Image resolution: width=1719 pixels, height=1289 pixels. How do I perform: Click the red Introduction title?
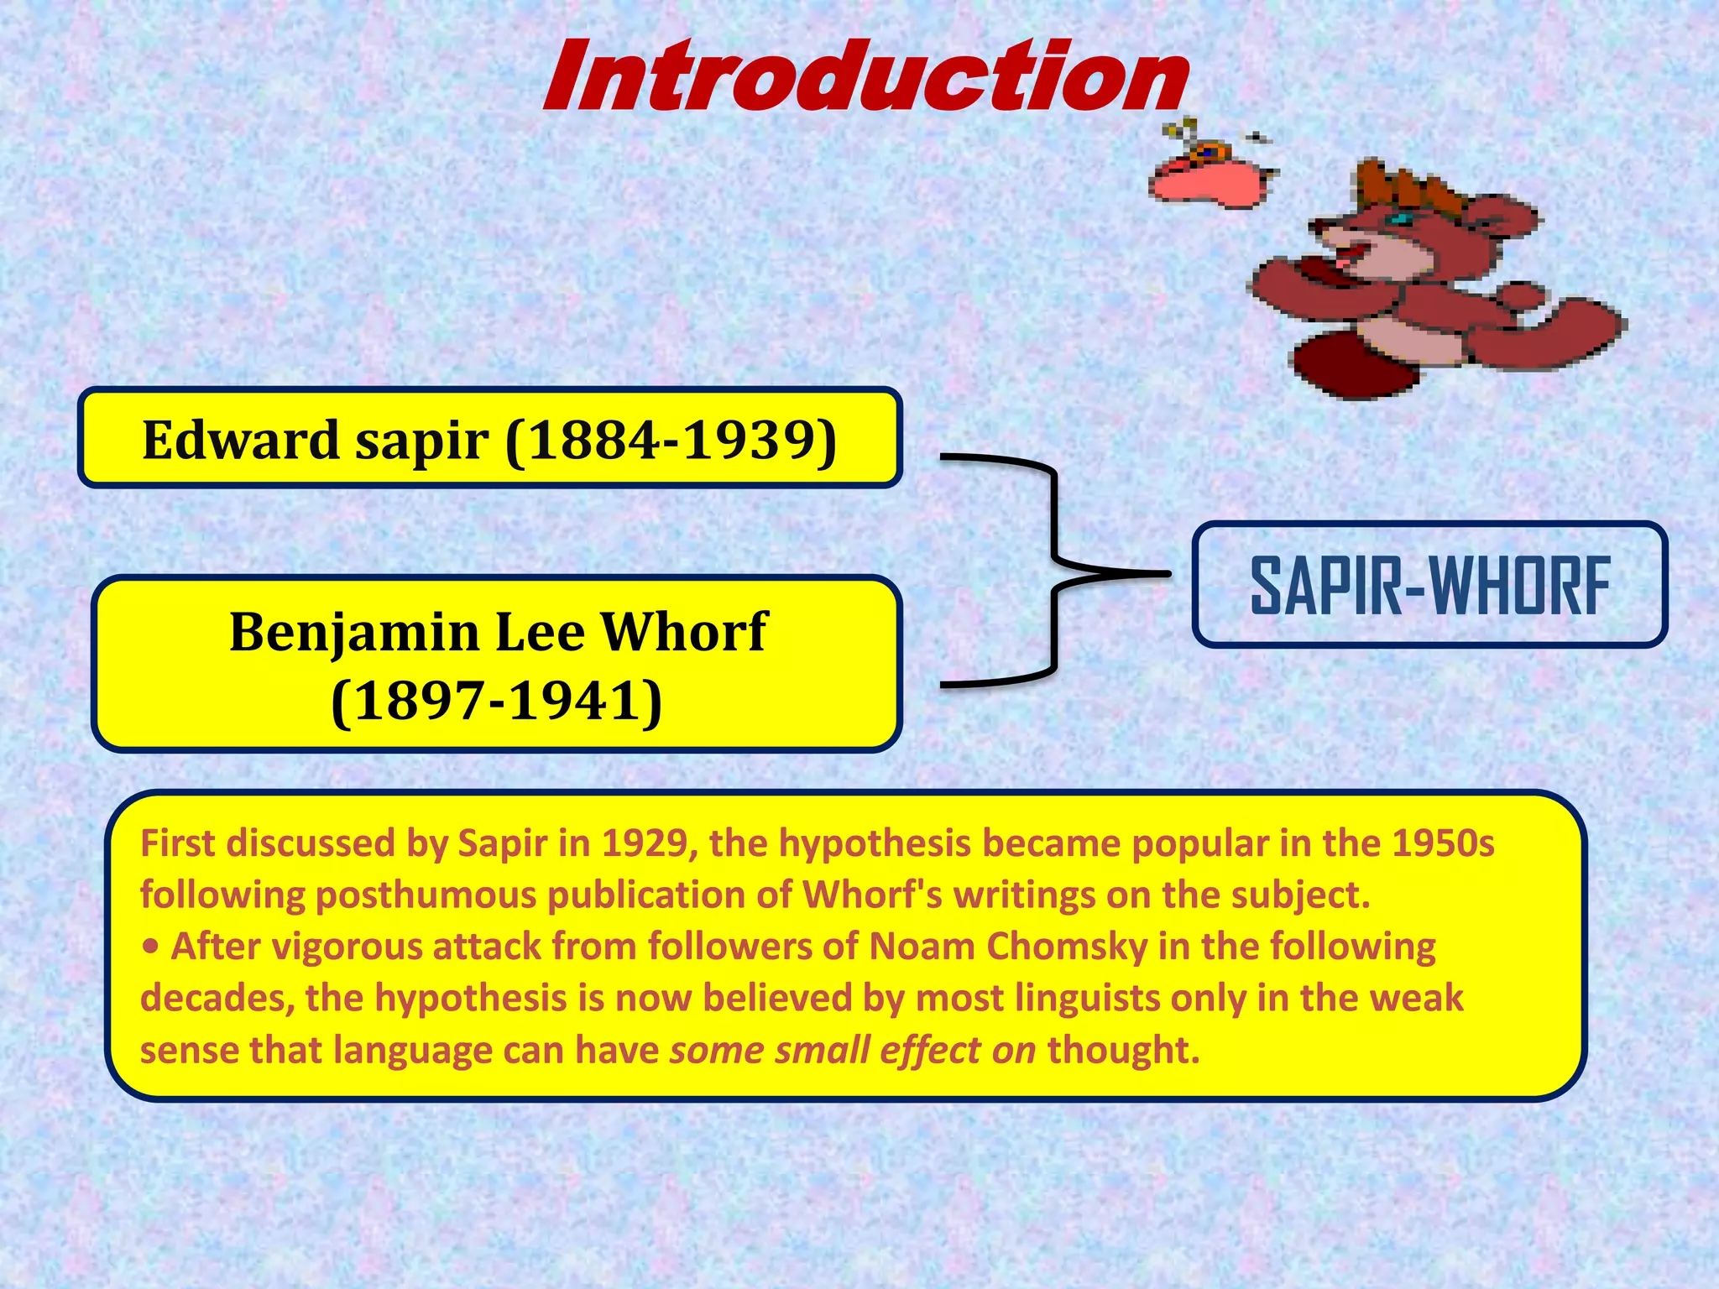(x=865, y=77)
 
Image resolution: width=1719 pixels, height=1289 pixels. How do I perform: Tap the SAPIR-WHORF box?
(x=1429, y=585)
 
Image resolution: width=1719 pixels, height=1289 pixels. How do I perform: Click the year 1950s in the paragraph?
(x=1442, y=843)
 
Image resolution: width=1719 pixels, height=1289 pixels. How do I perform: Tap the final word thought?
(x=1123, y=1050)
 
